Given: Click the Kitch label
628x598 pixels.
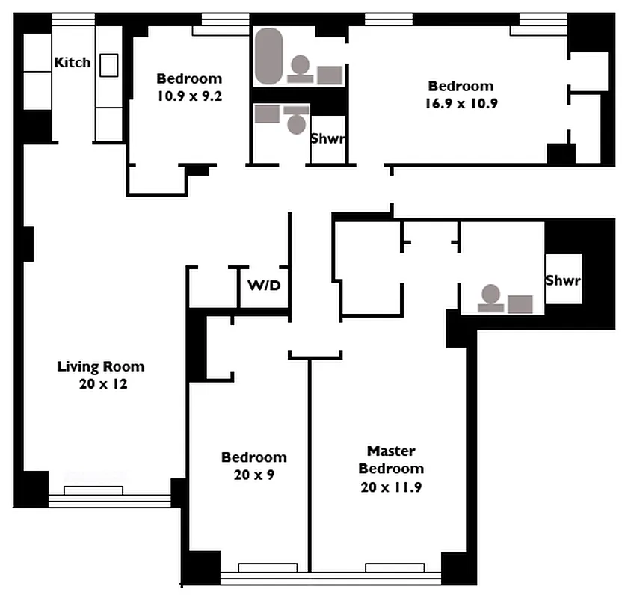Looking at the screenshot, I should [x=72, y=63].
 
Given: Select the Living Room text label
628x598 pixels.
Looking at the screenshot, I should [x=101, y=366].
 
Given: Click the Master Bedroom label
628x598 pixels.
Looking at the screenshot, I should [x=391, y=460].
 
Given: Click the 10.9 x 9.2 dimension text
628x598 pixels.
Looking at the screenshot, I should [x=189, y=96].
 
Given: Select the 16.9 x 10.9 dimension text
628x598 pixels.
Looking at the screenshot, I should [x=461, y=104].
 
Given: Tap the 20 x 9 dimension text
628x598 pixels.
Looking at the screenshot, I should [x=253, y=475].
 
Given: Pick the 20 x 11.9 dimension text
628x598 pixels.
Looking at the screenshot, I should [x=391, y=487].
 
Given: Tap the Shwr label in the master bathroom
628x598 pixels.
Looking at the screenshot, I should [x=563, y=281].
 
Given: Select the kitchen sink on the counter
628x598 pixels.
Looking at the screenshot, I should [x=109, y=65].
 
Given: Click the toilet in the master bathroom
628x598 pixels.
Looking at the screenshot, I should [x=490, y=297].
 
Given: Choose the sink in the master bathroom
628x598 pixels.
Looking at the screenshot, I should [x=520, y=303].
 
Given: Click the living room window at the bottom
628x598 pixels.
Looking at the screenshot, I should [x=93, y=490].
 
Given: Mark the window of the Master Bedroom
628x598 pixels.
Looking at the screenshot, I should [x=394, y=567].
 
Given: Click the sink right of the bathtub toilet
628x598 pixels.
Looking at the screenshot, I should [x=330, y=75].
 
